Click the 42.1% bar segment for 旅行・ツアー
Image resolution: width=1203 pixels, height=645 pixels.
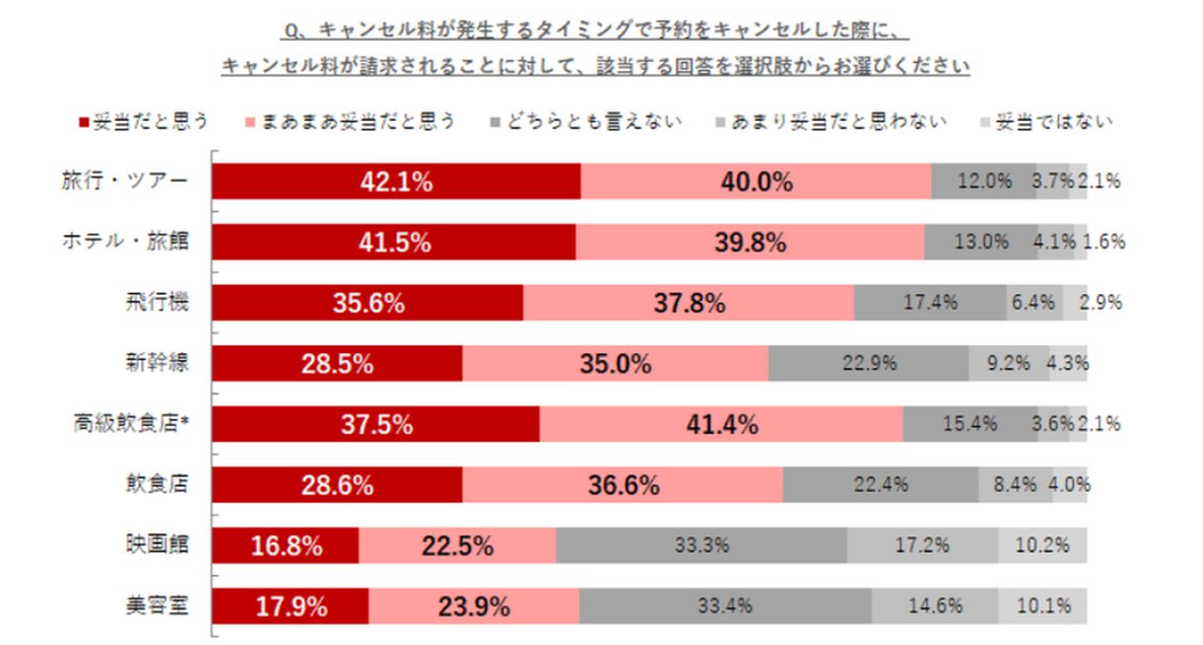(x=396, y=181)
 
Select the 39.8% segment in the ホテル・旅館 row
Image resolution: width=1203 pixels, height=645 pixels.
(x=749, y=242)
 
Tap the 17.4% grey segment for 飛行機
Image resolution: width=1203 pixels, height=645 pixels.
(x=930, y=302)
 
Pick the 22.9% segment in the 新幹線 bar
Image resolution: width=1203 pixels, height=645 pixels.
(x=868, y=363)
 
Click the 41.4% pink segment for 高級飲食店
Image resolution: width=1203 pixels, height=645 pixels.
(x=721, y=424)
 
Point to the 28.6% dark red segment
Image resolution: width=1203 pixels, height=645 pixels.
(x=337, y=485)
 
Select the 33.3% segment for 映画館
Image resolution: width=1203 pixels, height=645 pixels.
(x=701, y=546)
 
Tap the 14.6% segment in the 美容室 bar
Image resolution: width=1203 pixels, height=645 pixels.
(x=935, y=606)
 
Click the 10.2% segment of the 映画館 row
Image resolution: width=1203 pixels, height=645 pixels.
(x=1042, y=546)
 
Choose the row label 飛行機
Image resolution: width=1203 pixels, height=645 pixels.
(x=157, y=302)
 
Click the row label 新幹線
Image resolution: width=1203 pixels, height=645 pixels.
(x=157, y=363)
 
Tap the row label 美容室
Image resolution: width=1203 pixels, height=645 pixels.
(x=157, y=606)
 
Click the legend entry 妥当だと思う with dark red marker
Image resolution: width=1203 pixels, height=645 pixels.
(x=143, y=122)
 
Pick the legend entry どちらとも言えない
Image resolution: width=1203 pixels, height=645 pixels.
(x=586, y=122)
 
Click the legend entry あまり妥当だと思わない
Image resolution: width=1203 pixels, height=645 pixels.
(x=830, y=122)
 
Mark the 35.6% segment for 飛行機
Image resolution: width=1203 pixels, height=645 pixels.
(x=368, y=302)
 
